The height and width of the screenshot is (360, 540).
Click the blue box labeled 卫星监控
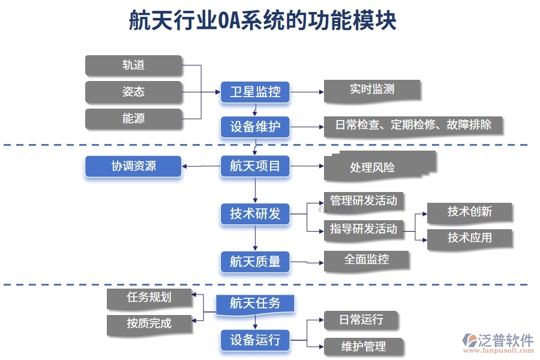click(x=255, y=92)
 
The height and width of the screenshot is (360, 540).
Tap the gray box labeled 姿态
click(x=133, y=92)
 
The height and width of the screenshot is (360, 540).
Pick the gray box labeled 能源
click(x=133, y=119)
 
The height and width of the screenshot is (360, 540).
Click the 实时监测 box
click(x=372, y=90)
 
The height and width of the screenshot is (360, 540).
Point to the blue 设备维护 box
click(x=255, y=127)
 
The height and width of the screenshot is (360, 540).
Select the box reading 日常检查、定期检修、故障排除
click(x=413, y=125)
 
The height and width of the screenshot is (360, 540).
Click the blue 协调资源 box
click(x=133, y=166)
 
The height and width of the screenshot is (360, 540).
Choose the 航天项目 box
click(x=255, y=166)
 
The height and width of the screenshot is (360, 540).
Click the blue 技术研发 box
click(x=255, y=214)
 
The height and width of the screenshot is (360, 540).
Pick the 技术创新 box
click(x=470, y=212)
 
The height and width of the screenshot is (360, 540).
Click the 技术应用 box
click(x=470, y=238)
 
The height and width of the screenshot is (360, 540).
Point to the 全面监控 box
click(x=367, y=260)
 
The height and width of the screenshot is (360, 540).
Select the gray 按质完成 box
click(x=149, y=324)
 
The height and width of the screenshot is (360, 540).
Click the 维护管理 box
click(x=364, y=346)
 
